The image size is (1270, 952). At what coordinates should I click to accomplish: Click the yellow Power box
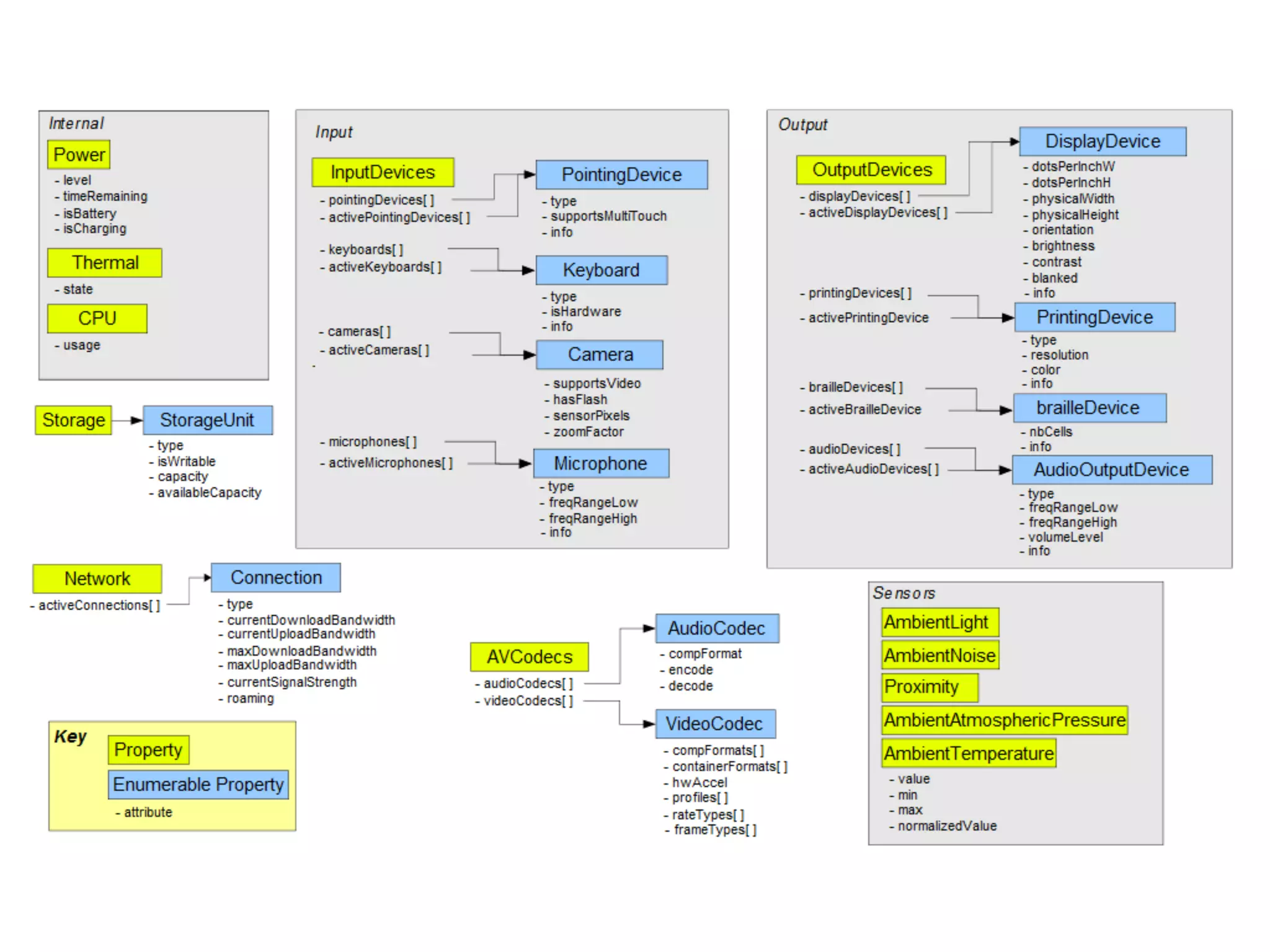coord(79,154)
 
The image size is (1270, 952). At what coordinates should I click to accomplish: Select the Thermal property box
coord(105,263)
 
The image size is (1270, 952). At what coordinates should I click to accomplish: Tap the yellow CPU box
coord(97,319)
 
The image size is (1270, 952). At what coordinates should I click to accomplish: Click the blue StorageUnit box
coord(207,420)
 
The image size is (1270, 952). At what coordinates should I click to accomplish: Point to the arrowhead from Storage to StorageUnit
coord(137,420)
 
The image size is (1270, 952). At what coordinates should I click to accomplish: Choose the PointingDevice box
coord(621,175)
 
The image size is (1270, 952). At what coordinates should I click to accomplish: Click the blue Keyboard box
coord(602,270)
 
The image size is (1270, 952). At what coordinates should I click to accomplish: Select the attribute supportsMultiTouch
coord(608,216)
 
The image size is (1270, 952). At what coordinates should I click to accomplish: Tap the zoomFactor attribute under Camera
coord(588,432)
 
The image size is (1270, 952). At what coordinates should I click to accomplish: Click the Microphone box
coord(601,464)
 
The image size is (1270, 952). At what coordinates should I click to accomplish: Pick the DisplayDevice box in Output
coord(1103,141)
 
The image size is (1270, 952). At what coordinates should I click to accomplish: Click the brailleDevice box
coord(1089,408)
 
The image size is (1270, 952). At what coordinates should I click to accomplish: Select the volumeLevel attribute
coord(1065,537)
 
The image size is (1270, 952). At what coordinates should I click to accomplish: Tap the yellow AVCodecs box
coord(530,657)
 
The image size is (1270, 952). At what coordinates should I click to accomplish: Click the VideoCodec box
coord(715,724)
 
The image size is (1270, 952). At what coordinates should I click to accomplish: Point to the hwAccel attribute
coord(699,783)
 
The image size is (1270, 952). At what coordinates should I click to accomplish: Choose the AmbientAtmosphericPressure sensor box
coord(1005,720)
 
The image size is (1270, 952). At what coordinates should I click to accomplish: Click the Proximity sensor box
coord(929,687)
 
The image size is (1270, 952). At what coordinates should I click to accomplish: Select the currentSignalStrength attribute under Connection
coord(291,682)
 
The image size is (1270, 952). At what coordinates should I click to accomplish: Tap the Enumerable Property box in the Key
coord(198,785)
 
